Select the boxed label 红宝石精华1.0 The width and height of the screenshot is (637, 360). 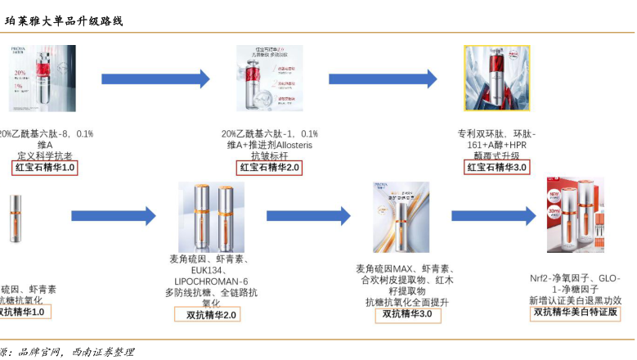click(x=45, y=168)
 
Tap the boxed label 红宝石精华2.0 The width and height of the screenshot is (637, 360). click(x=270, y=168)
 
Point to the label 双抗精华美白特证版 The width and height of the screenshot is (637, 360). click(x=575, y=312)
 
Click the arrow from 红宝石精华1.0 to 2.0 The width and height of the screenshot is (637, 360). click(x=155, y=79)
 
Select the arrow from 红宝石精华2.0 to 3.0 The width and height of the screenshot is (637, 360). click(x=383, y=79)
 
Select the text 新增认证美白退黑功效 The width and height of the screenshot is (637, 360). click(x=575, y=300)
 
